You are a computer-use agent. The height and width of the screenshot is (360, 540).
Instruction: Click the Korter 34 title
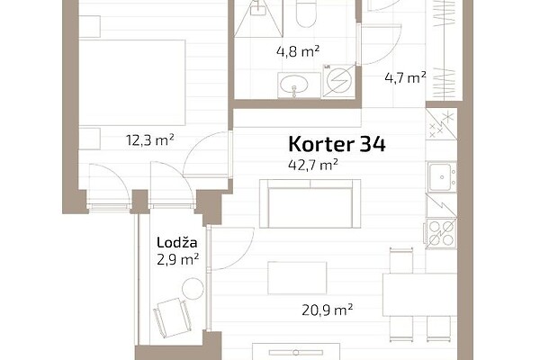point(337,144)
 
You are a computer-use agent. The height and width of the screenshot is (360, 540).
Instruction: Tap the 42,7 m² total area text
point(312,165)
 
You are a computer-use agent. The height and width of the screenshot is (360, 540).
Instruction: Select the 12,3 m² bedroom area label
point(150,140)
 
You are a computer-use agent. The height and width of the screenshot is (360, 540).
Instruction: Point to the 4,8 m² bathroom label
point(298,51)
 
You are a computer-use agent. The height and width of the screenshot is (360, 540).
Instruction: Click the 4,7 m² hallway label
point(405,77)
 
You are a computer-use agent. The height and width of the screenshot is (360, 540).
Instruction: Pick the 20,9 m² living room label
point(328,310)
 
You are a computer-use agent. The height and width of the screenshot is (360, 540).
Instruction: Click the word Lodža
point(177,242)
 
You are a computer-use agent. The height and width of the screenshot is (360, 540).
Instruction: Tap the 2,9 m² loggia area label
point(177,259)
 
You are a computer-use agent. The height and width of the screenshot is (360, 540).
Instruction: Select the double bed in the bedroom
point(132,83)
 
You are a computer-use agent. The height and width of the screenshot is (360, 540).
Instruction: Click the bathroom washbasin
point(293,84)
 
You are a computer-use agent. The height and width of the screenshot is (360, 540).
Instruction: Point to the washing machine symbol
point(339,81)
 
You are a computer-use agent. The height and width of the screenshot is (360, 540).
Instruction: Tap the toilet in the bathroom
point(306,13)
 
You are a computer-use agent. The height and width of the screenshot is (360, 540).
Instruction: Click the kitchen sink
point(442,177)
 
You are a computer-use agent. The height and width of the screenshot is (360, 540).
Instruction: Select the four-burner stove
point(442,233)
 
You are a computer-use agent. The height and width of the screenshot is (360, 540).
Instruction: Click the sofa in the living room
point(310,203)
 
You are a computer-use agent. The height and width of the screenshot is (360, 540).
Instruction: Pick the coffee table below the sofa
point(297,278)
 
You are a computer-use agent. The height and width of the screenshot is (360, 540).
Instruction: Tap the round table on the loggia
point(193,288)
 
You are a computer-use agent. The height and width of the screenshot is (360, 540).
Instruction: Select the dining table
point(419,294)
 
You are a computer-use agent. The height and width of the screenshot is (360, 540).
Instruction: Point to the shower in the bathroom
point(258,18)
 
